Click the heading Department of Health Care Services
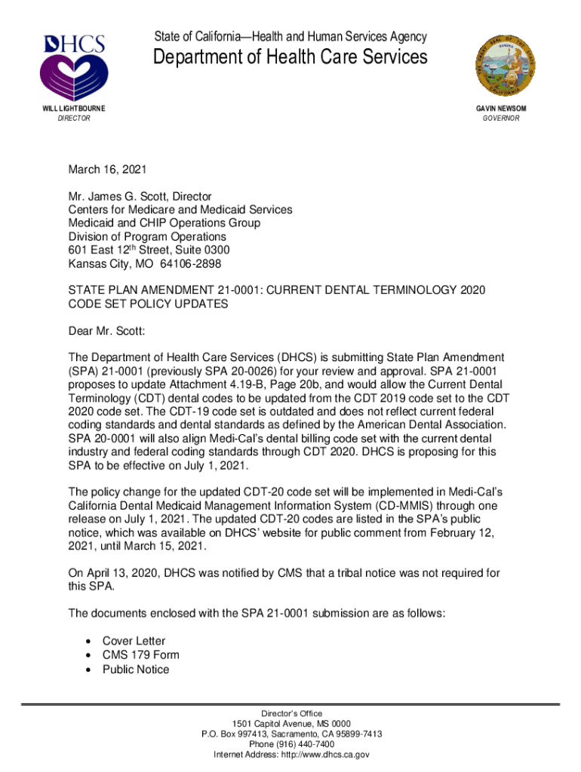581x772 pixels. [x=290, y=57]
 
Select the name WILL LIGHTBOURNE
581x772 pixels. [x=74, y=109]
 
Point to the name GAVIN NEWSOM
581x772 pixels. [x=501, y=109]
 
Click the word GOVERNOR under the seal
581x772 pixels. [x=501, y=118]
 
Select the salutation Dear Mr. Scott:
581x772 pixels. [x=106, y=330]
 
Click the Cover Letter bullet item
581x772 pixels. [x=134, y=641]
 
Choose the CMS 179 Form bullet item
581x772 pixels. [x=140, y=655]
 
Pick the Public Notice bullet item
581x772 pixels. [x=136, y=669]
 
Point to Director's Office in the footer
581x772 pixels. [x=291, y=713]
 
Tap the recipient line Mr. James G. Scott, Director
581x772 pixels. [x=140, y=196]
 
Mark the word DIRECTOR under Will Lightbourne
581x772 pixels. [x=74, y=118]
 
